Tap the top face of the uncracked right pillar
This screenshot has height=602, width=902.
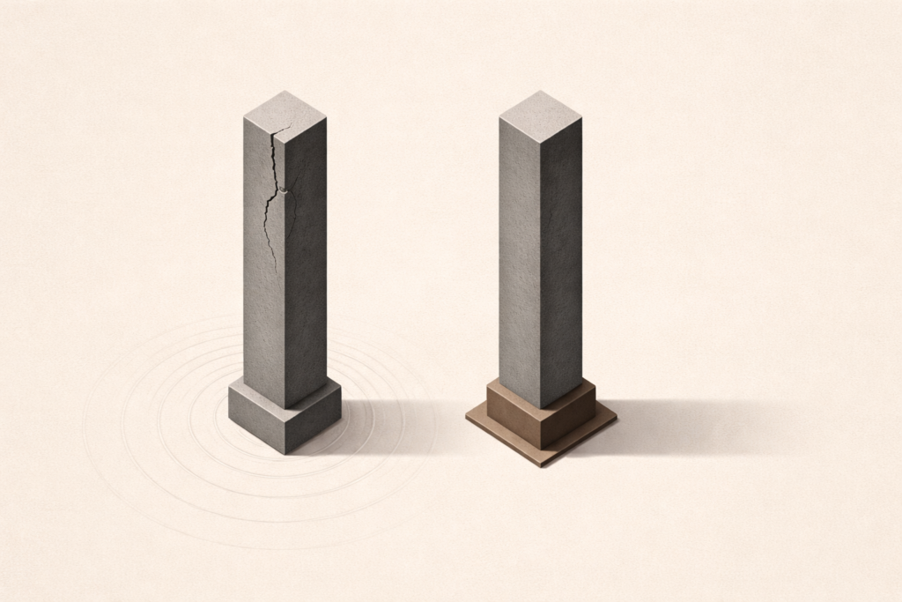coord(539,111)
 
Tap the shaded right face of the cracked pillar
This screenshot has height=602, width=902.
coord(304,264)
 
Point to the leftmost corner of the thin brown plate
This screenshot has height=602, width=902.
coord(467,420)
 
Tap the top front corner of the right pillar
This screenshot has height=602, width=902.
coord(539,133)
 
